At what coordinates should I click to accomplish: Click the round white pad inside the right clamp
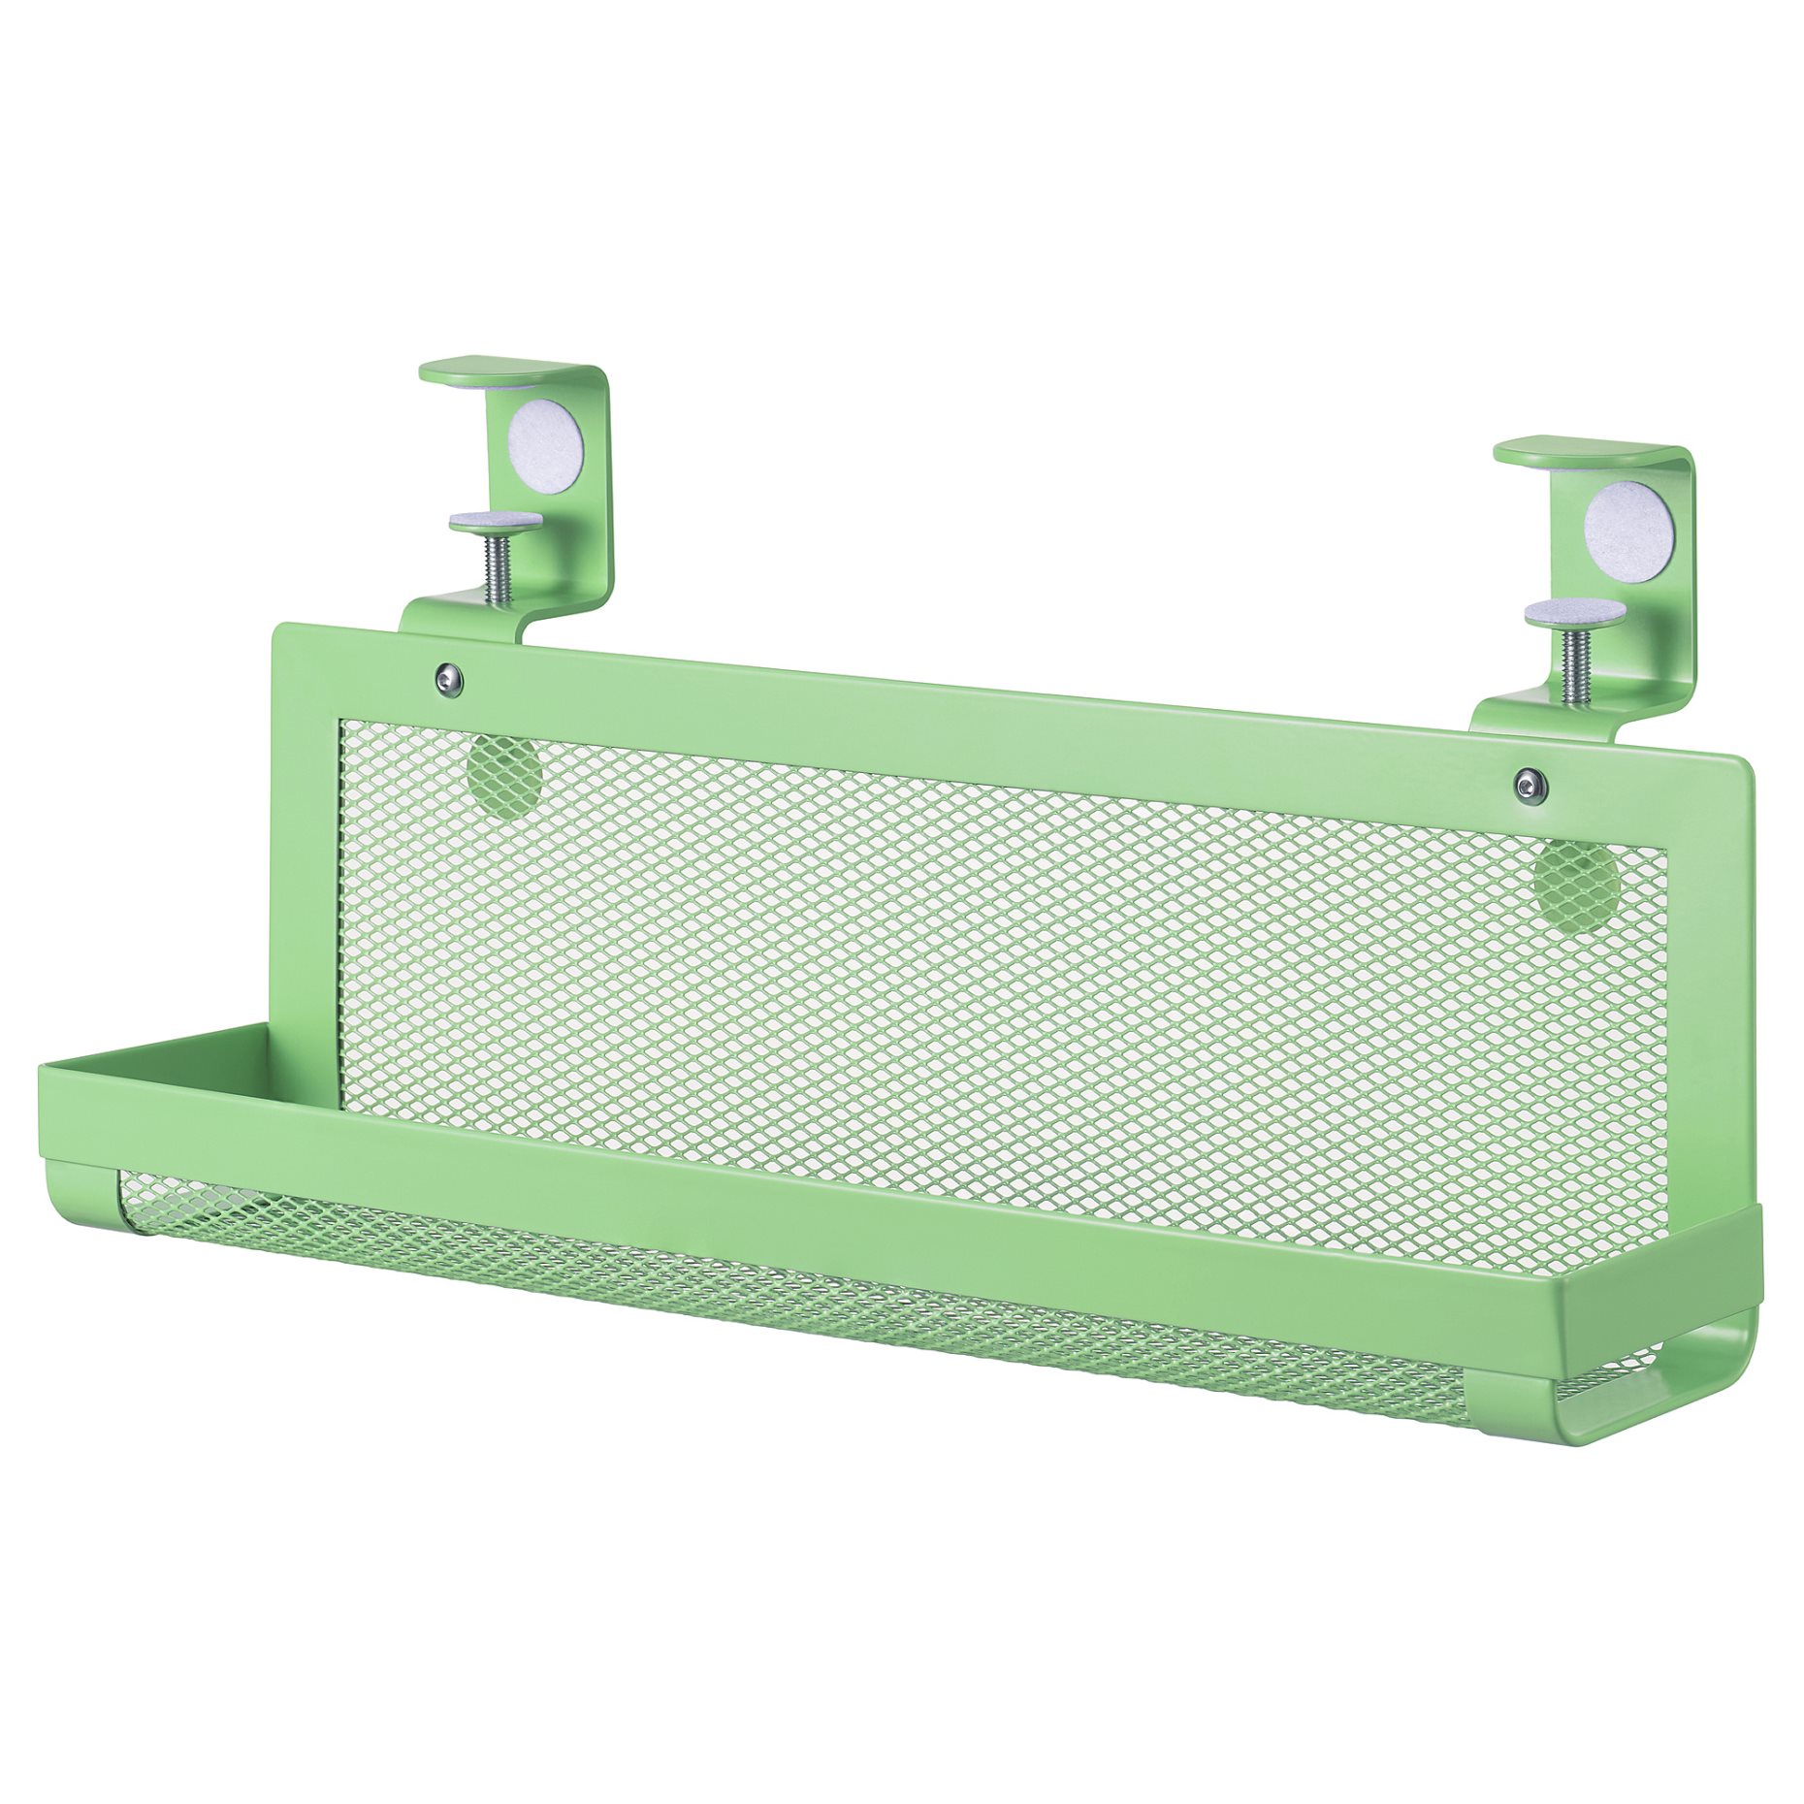point(1628,532)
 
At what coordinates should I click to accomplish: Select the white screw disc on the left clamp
point(496,521)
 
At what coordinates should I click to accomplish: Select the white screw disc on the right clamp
point(1573,612)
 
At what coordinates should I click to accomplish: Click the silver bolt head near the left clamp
point(448,678)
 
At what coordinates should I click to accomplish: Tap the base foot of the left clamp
point(466,616)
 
